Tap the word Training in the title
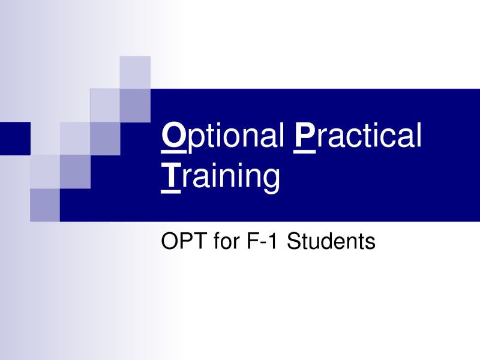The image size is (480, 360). pos(220,177)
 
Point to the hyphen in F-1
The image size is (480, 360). pos(262,244)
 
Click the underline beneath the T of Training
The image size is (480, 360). pos(170,193)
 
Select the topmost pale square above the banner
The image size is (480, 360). pos(135,72)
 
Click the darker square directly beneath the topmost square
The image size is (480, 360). pos(135,106)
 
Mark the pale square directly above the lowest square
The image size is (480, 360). pos(44,172)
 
